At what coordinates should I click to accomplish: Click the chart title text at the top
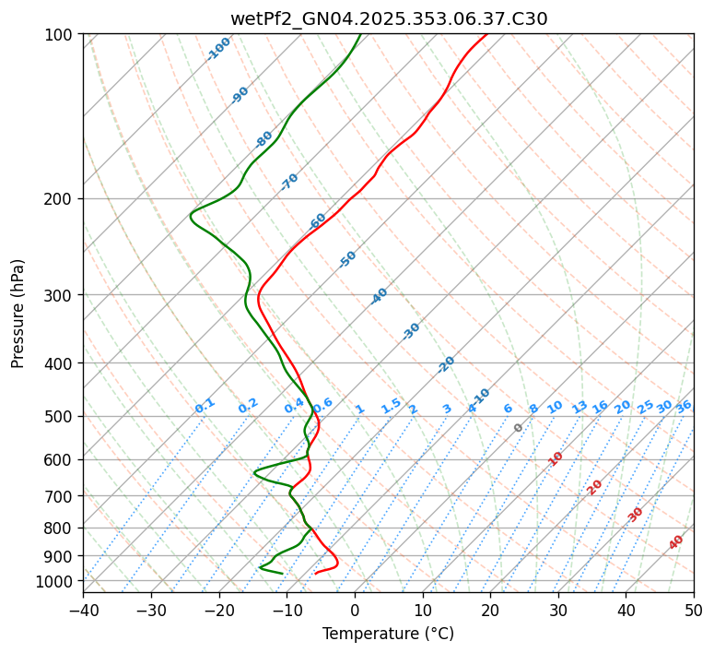(x=388, y=18)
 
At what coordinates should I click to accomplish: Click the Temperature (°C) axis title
(x=388, y=634)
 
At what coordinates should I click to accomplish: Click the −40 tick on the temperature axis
(x=83, y=610)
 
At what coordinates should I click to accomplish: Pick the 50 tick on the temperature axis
(x=694, y=610)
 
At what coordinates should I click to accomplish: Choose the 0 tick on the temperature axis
(x=355, y=610)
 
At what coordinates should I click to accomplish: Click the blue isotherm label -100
(x=218, y=48)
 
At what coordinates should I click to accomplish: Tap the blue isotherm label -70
(x=289, y=182)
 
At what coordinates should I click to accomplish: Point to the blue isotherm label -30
(x=411, y=331)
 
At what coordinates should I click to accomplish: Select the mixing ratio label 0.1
(x=205, y=406)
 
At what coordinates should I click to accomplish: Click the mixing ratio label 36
(x=684, y=406)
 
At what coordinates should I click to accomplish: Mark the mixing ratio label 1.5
(x=391, y=406)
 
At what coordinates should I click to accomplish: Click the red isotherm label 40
(x=676, y=542)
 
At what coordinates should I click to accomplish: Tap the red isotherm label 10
(x=556, y=458)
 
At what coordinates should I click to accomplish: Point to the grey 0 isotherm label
(x=519, y=428)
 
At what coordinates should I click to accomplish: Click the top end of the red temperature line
(x=486, y=34)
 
